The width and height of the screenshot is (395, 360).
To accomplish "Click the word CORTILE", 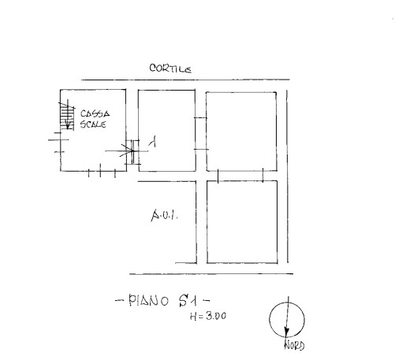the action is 170,69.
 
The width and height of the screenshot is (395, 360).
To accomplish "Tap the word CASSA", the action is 95,113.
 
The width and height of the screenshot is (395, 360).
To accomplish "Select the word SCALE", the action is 93,124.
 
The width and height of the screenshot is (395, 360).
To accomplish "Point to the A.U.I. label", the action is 165,215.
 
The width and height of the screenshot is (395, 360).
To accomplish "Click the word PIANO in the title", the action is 148,301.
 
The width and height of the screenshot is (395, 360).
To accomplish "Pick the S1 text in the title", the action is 188,301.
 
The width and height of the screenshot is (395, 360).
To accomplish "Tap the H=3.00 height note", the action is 208,316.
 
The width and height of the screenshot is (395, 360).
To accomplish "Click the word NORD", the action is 294,345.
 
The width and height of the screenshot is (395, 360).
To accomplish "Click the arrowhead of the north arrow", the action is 286,332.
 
